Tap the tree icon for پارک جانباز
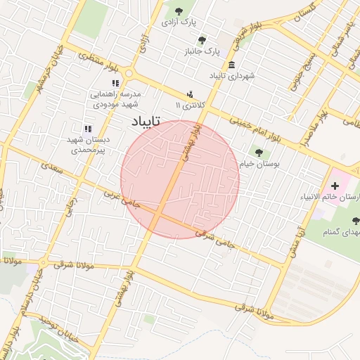coord(202,40)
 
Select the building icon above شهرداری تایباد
coord(231,64)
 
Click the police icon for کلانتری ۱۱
coord(190,94)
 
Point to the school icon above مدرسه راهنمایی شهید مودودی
coord(116,83)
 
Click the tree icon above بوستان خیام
coord(259,153)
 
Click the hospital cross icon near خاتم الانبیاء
coord(335,186)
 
